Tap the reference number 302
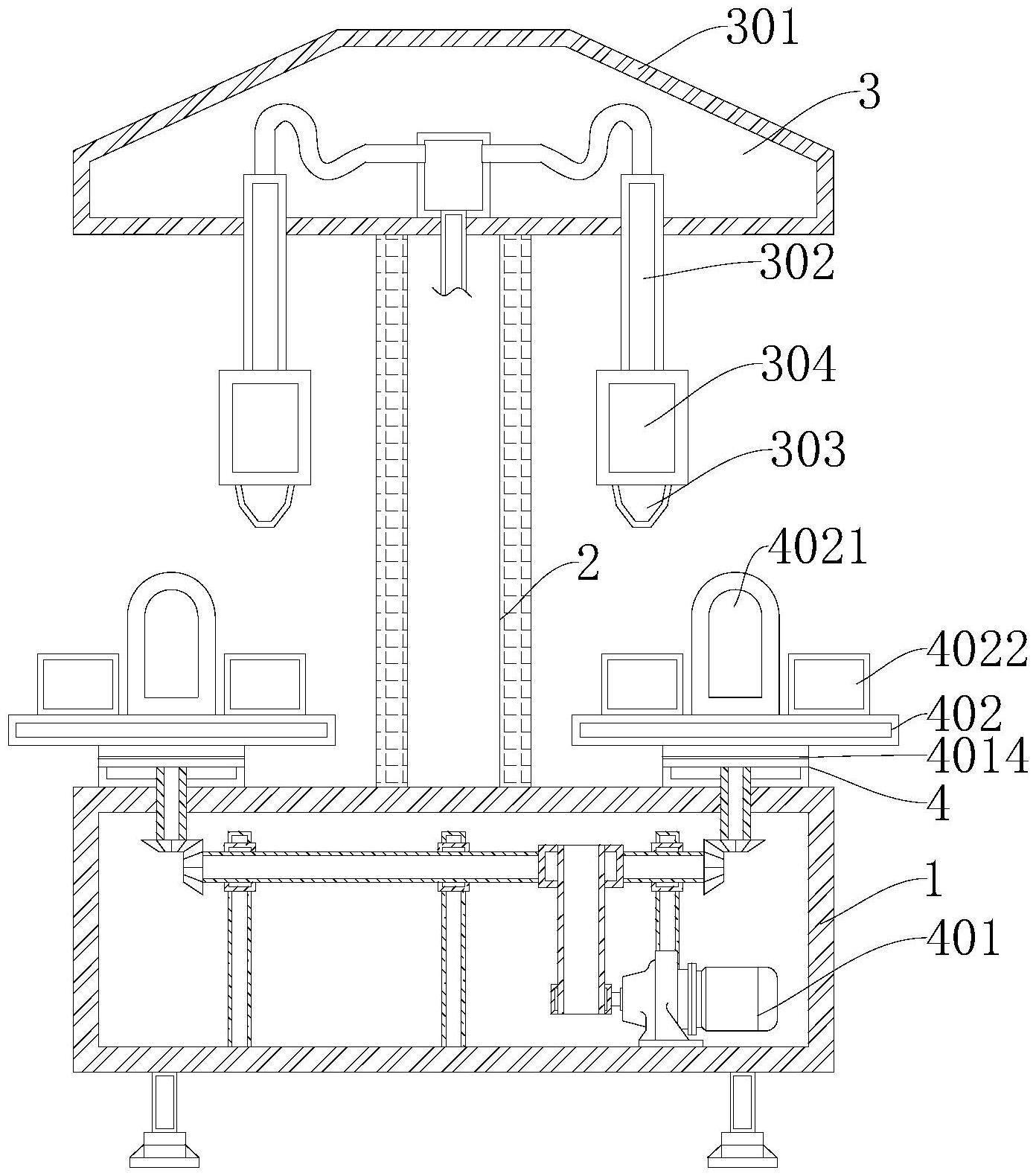[x=797, y=263]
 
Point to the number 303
[x=808, y=450]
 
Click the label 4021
[x=817, y=549]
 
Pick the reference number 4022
[x=977, y=649]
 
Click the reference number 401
[x=965, y=939]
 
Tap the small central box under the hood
[x=454, y=173]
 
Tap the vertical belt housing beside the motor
[x=580, y=929]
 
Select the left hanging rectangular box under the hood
[x=264, y=427]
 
